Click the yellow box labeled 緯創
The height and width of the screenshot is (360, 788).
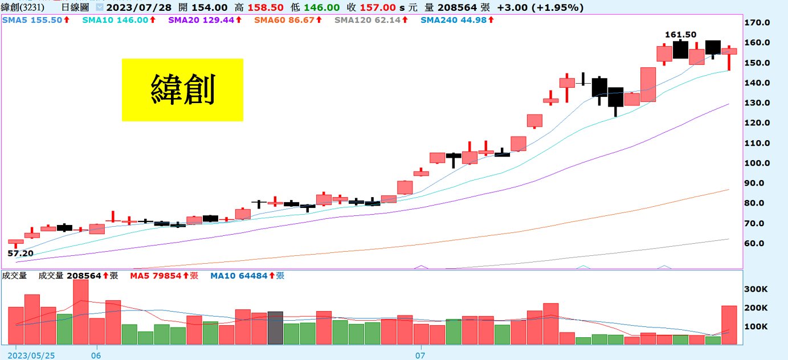(x=182, y=90)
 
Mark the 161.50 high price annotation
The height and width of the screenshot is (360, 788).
(x=680, y=35)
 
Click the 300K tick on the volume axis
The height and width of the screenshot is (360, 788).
(x=757, y=289)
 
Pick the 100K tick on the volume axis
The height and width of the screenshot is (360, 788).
(x=757, y=326)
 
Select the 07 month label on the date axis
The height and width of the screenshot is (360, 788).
(x=420, y=355)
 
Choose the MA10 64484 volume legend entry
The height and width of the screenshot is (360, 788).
(x=247, y=276)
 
